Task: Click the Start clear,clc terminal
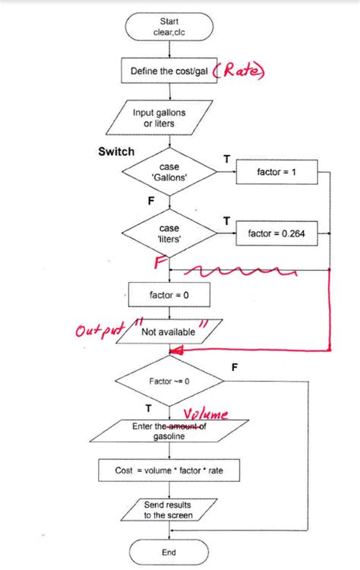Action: tap(169, 28)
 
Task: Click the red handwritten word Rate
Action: tap(241, 71)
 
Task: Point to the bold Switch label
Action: tap(116, 151)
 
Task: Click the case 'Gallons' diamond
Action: tap(169, 172)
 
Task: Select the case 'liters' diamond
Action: tap(169, 233)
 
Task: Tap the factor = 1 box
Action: tap(276, 173)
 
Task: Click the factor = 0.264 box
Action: tap(276, 234)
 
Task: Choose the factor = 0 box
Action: tap(169, 293)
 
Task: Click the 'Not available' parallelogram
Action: tap(169, 332)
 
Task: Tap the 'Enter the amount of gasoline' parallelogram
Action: tap(169, 432)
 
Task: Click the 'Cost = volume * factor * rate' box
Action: tap(169, 470)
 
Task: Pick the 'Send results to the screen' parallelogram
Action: tap(169, 509)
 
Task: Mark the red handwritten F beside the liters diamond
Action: tap(160, 262)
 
